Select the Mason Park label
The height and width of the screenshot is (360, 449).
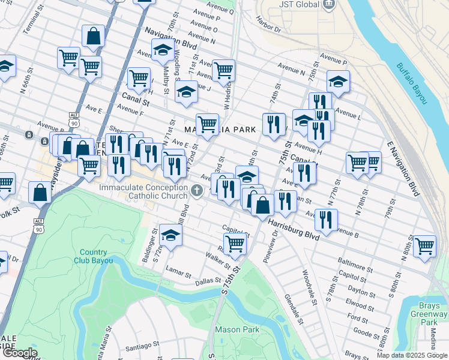point(237,329)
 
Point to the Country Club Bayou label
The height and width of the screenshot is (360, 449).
point(93,256)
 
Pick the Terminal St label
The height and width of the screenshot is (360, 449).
point(26,22)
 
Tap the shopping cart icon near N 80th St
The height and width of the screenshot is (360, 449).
point(424,245)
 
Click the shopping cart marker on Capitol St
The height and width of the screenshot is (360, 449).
point(234,244)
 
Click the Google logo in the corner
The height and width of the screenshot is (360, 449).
point(19,352)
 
